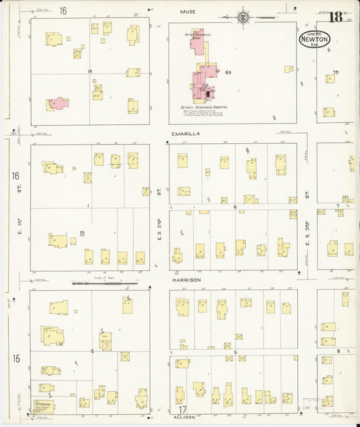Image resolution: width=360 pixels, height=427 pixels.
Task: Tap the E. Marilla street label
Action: click(186, 134)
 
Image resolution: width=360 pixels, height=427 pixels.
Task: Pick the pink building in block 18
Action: click(58, 103)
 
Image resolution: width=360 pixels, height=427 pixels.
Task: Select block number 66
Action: click(229, 72)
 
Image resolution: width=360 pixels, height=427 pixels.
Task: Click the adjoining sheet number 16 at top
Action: click(63, 11)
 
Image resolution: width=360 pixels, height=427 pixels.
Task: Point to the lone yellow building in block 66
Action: click(288, 69)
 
